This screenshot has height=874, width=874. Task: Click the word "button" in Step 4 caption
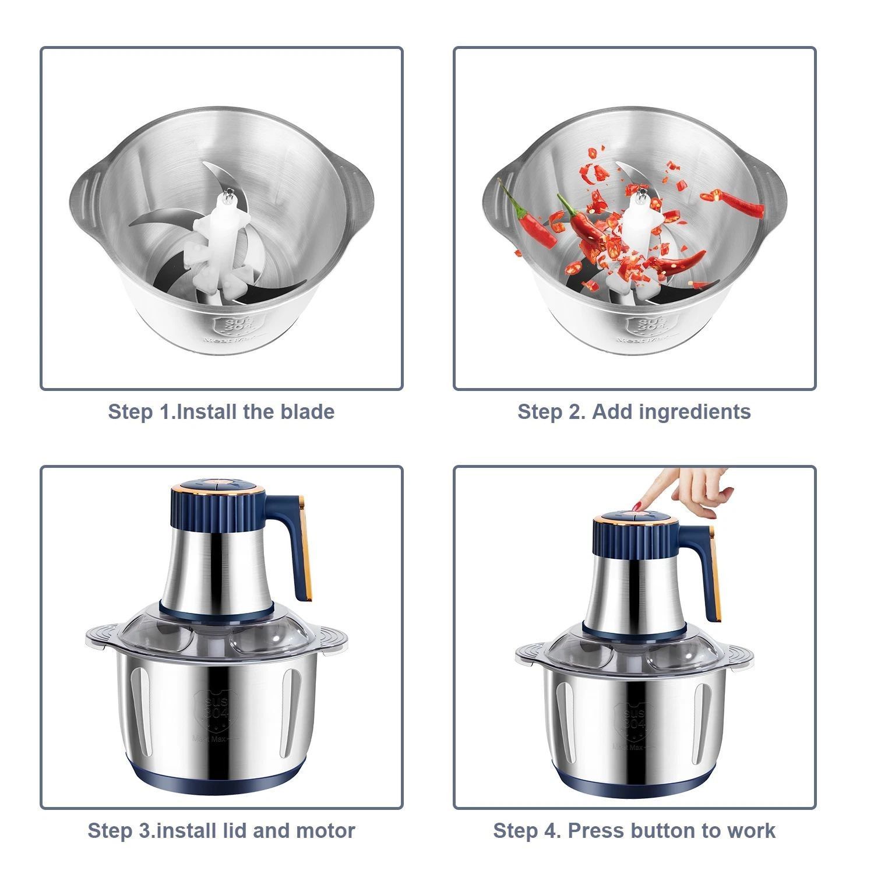665,830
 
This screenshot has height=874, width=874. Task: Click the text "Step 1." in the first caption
142,412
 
